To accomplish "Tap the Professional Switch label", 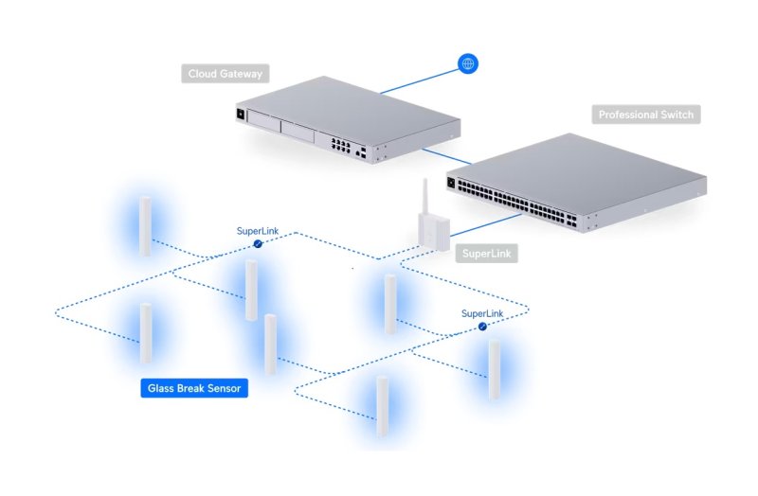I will click(646, 115).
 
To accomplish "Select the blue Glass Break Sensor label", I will click(194, 388).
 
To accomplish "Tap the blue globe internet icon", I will click(467, 64).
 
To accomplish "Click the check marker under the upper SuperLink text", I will click(257, 244).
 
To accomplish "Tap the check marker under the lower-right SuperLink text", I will click(482, 326).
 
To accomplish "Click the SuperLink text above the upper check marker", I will click(258, 230).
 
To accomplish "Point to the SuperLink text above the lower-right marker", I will click(482, 312).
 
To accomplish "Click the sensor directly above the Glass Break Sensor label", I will click(146, 333).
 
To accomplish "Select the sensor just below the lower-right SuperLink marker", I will click(494, 369).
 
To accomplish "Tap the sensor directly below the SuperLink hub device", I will click(389, 304).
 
